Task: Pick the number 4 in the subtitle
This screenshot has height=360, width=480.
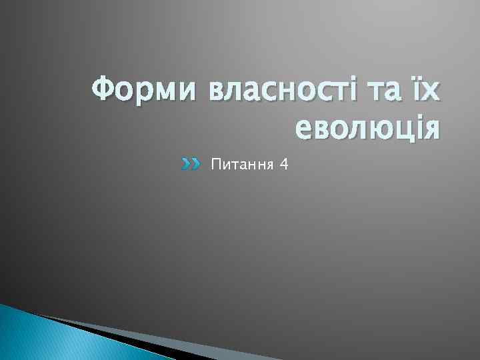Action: click(285, 163)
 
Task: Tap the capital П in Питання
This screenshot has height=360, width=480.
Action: click(215, 163)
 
